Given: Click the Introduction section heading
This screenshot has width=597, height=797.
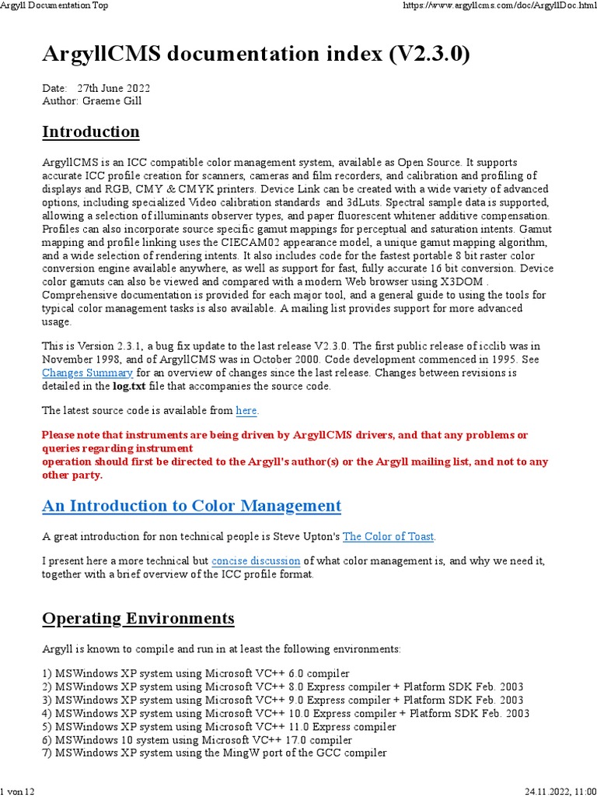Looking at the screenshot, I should [x=91, y=132].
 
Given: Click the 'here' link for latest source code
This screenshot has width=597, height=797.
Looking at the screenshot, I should [x=246, y=410].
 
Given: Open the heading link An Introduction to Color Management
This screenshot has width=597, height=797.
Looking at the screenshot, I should [x=191, y=506].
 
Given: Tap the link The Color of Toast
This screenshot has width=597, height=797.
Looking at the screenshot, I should [x=389, y=536].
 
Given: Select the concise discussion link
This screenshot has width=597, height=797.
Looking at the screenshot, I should [x=256, y=560].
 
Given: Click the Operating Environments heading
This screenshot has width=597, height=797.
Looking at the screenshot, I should [x=138, y=619].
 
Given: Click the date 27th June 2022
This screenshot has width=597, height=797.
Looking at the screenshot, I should [x=113, y=88].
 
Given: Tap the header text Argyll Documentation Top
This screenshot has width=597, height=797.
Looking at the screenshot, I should [x=54, y=5].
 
